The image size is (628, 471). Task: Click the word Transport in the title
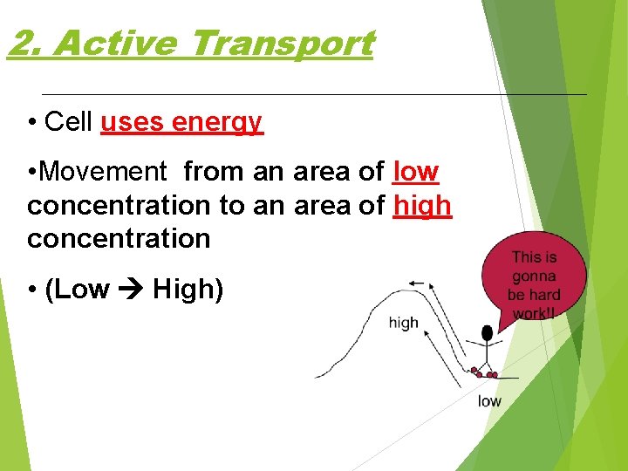pyautogui.click(x=280, y=43)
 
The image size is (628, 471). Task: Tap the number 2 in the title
pyautogui.click(x=22, y=43)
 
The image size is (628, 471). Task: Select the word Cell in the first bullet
pyautogui.click(x=68, y=122)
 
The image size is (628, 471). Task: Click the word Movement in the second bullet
pyautogui.click(x=102, y=172)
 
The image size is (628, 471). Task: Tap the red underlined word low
pyautogui.click(x=416, y=172)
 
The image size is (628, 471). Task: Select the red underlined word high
pyautogui.click(x=422, y=205)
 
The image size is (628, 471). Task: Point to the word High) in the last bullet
pyautogui.click(x=188, y=289)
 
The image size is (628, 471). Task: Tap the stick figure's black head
pyautogui.click(x=487, y=333)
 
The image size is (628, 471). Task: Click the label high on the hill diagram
pyautogui.click(x=403, y=323)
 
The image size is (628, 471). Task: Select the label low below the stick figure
pyautogui.click(x=489, y=401)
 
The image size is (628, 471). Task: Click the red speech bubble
pyautogui.click(x=533, y=277)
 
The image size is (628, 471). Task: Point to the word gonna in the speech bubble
pyautogui.click(x=534, y=276)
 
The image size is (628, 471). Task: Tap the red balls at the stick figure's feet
pyautogui.click(x=483, y=373)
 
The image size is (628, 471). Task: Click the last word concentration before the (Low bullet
pyautogui.click(x=119, y=238)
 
